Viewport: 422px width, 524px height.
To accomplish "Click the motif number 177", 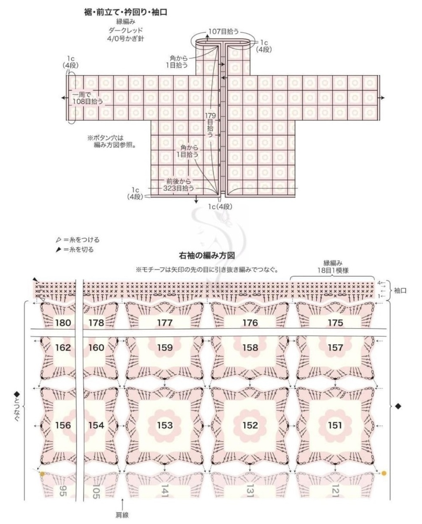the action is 165,323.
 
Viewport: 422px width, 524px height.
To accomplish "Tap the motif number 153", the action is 165,425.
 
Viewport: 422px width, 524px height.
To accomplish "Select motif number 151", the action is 335,425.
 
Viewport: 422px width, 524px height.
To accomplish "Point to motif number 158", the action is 250,348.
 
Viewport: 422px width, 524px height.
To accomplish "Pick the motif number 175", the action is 335,323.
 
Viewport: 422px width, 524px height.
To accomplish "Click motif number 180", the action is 63,323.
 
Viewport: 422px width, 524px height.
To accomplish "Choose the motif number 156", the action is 63,425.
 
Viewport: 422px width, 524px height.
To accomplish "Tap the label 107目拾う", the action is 223,31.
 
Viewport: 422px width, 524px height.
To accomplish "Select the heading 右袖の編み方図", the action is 210,255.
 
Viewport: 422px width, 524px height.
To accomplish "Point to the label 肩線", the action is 122,515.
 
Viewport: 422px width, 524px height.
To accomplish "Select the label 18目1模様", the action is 333,270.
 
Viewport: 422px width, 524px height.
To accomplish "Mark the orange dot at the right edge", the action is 384,473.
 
